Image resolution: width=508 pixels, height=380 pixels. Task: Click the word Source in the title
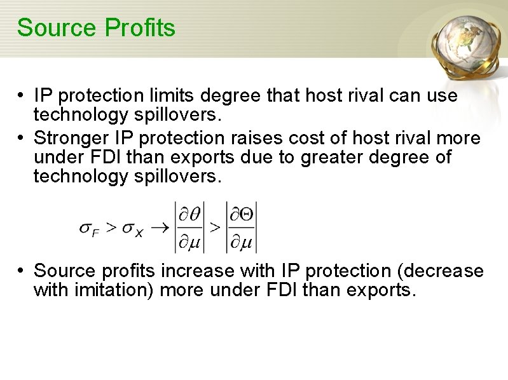click(48, 28)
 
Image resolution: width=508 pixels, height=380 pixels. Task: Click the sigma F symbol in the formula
click(88, 229)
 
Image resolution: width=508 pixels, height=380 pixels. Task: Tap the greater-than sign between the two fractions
click(215, 227)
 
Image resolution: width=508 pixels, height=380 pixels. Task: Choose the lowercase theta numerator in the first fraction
click(194, 215)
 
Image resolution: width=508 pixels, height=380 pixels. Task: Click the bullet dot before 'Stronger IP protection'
click(21, 138)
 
